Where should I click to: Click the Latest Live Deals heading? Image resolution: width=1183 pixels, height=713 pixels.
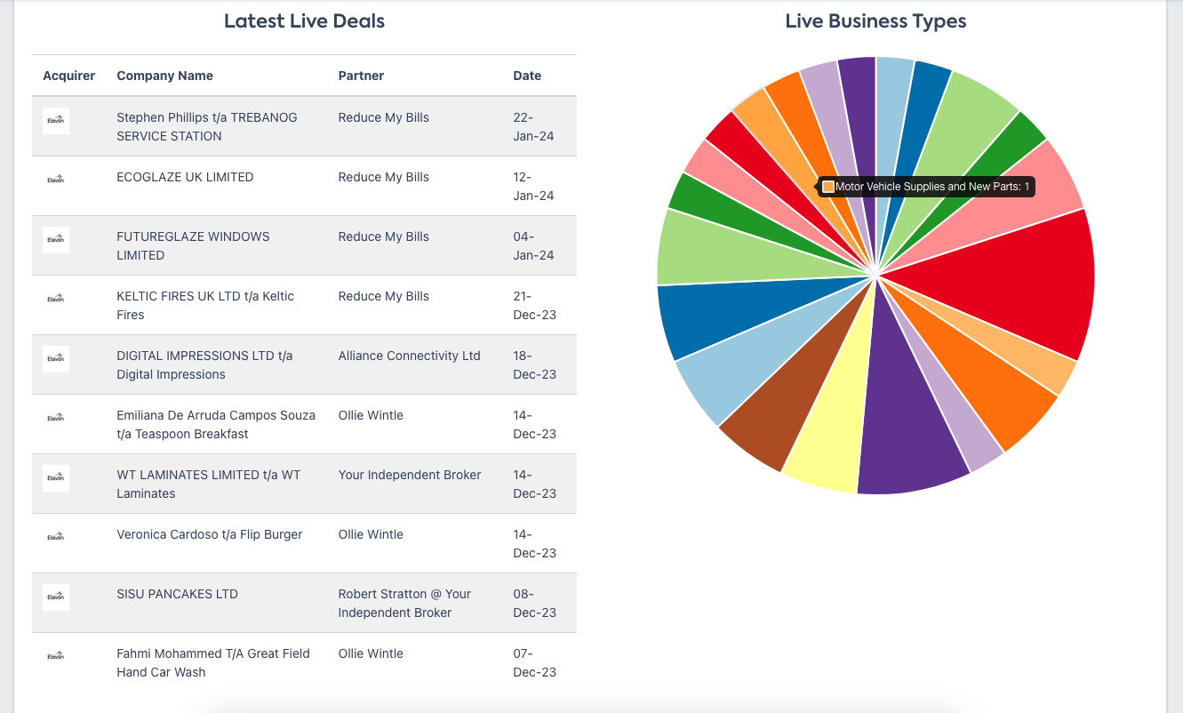[x=304, y=21]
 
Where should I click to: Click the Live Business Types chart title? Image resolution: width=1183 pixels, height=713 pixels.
[x=875, y=21]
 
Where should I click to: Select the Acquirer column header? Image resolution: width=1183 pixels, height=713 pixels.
[x=68, y=76]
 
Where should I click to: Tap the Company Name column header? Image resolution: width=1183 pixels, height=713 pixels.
[x=164, y=76]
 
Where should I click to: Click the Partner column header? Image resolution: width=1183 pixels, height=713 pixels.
[x=361, y=76]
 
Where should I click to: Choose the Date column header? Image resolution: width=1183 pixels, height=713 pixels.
[x=527, y=76]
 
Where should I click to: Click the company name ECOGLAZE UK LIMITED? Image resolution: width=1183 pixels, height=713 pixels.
[x=185, y=177]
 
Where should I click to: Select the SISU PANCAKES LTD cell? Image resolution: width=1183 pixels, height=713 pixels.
[x=177, y=594]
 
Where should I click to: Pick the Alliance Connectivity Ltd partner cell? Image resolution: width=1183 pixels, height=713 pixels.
[x=409, y=356]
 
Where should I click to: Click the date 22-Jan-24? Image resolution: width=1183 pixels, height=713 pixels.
[x=533, y=126]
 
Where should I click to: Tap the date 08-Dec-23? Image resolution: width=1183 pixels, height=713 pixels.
[x=534, y=603]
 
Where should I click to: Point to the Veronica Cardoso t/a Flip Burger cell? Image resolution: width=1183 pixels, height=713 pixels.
[x=209, y=534]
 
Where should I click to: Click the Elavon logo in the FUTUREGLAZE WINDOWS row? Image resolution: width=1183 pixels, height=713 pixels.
[x=56, y=239]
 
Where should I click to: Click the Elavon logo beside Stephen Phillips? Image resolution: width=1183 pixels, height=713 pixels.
[x=56, y=120]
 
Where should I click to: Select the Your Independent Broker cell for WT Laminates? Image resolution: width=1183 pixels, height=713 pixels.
[x=409, y=475]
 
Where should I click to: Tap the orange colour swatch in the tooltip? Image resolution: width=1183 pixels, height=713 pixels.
[x=828, y=187]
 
